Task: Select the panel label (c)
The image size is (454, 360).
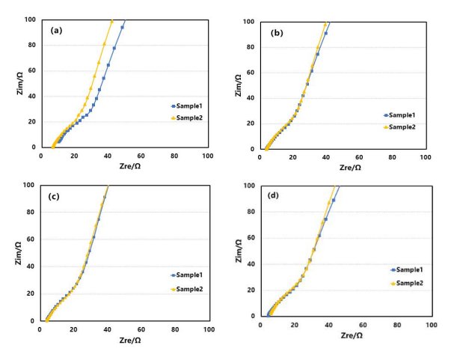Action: (x=55, y=197)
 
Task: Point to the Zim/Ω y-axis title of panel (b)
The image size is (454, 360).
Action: (x=239, y=84)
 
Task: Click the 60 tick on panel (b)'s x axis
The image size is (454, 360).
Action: (x=359, y=158)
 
